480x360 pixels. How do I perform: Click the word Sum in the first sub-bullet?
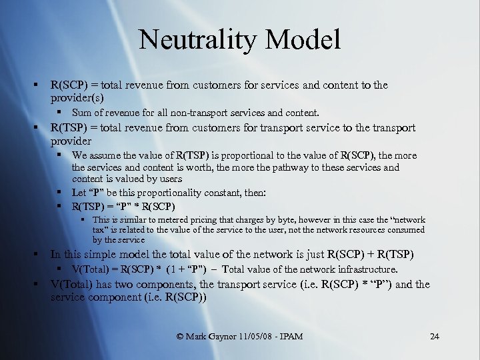pos(81,113)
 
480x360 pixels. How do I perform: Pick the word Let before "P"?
pos(79,193)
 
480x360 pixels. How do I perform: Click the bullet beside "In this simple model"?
pos(39,255)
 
